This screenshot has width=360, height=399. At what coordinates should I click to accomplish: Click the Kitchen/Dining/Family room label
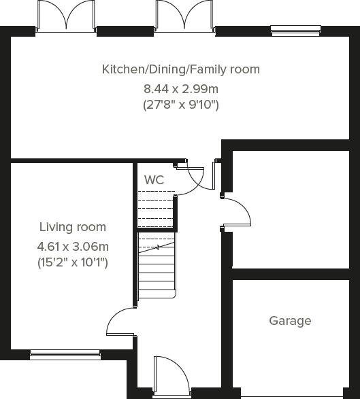pyautogui.click(x=180, y=69)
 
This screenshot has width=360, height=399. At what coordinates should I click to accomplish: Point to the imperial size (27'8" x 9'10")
pyautogui.click(x=180, y=105)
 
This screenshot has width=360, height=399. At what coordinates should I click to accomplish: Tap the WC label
pyautogui.click(x=154, y=180)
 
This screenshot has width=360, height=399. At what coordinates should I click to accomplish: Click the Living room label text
pyautogui.click(x=72, y=227)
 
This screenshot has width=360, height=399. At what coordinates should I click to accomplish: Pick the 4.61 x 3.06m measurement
pyautogui.click(x=72, y=246)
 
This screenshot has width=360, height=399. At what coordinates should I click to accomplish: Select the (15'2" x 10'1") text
pyautogui.click(x=72, y=262)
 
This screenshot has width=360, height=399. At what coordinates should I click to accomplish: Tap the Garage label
pyautogui.click(x=290, y=321)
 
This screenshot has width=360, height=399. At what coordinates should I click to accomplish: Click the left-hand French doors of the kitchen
pyautogui.click(x=66, y=16)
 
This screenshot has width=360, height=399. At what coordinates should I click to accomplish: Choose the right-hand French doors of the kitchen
pyautogui.click(x=182, y=16)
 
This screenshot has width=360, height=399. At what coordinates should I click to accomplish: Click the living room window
pyautogui.click(x=65, y=353)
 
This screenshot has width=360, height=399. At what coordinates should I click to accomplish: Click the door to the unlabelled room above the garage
pyautogui.click(x=238, y=212)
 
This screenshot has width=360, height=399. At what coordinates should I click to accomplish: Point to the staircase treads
pyautogui.click(x=157, y=268)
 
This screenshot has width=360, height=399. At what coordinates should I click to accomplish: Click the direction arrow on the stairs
pyautogui.click(x=158, y=248)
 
